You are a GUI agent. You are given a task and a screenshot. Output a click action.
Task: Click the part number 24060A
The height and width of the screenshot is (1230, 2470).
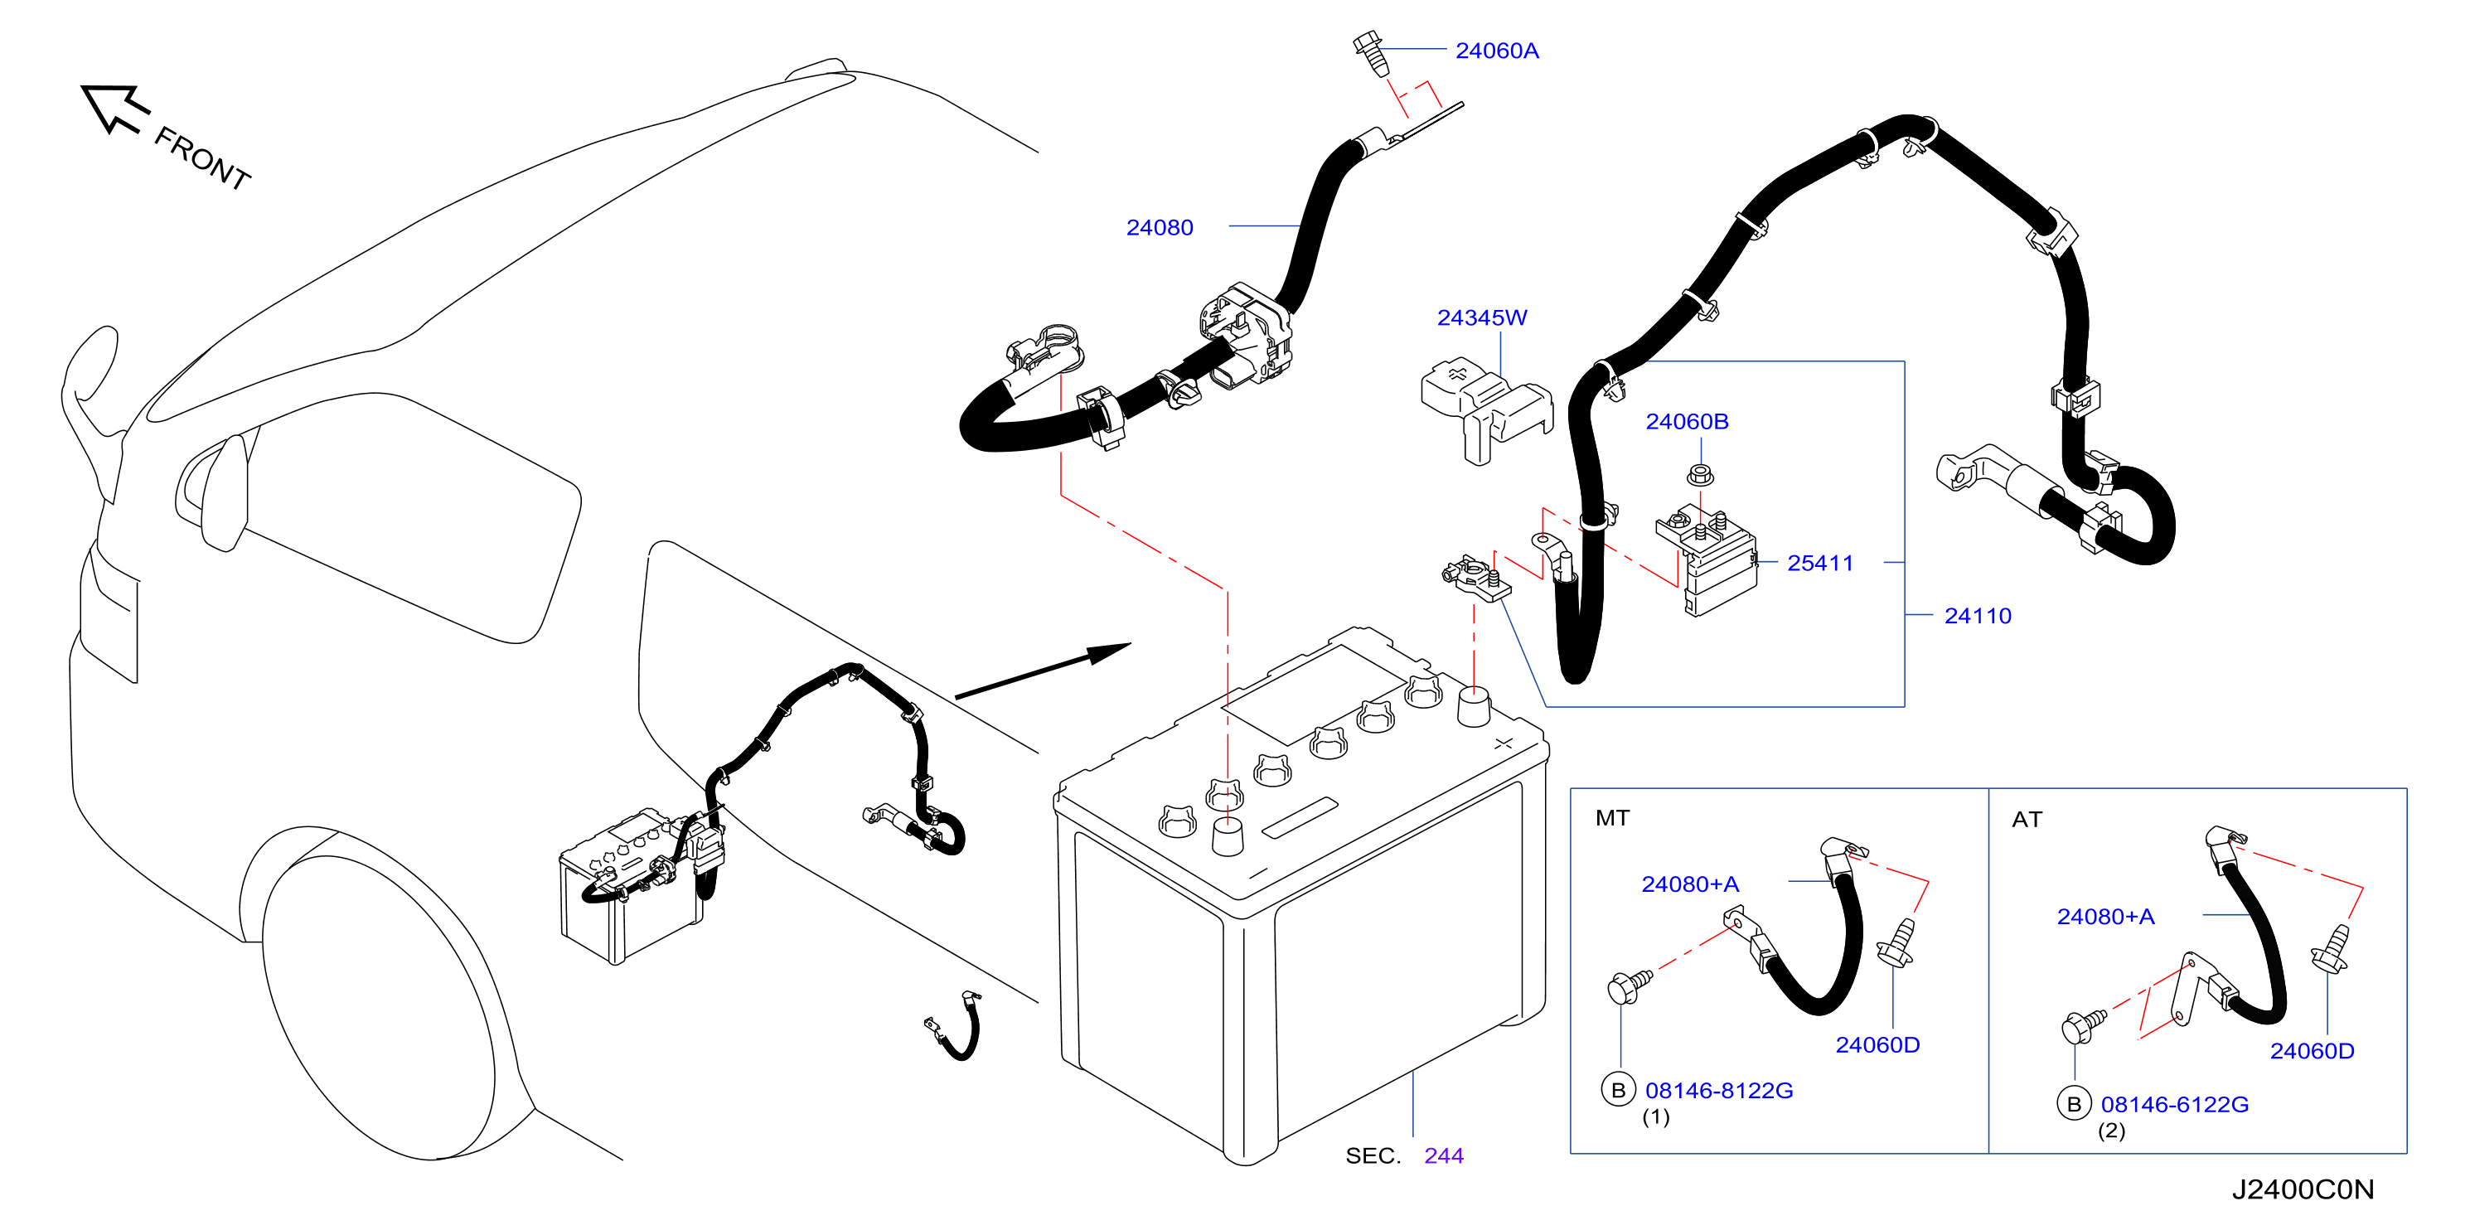(x=1496, y=51)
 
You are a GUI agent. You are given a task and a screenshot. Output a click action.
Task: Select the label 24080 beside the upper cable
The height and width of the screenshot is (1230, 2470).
(x=1160, y=227)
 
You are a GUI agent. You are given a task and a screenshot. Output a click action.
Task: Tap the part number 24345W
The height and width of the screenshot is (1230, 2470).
(x=1481, y=317)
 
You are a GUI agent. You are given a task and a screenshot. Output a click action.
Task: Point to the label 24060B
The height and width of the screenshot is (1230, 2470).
(x=1687, y=421)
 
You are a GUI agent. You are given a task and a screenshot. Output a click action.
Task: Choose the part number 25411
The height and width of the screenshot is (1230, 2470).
(x=1820, y=563)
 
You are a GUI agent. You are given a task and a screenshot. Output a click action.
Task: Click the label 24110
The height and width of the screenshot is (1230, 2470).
(x=1977, y=616)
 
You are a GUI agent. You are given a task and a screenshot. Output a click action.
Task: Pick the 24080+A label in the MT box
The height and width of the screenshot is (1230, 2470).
(x=1689, y=884)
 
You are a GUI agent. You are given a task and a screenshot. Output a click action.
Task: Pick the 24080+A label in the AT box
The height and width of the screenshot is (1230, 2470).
(x=2105, y=917)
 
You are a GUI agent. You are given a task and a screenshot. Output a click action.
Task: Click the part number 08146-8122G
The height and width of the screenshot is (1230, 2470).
(x=1718, y=1090)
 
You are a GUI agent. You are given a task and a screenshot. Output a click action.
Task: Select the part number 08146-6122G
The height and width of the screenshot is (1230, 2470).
(x=2174, y=1104)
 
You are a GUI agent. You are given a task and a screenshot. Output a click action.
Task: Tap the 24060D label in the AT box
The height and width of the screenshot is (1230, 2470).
(x=2312, y=1051)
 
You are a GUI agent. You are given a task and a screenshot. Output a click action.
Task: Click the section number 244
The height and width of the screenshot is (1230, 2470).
(x=1443, y=1155)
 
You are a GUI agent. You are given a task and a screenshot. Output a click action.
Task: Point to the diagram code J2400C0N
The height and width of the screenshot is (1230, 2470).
(x=2303, y=1189)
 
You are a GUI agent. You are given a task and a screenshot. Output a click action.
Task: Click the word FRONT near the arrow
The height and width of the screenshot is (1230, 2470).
(x=202, y=158)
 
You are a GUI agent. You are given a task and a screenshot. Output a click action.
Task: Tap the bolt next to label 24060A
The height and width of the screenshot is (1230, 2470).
(x=1370, y=54)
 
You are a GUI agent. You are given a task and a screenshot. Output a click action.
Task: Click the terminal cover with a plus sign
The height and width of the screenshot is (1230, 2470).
(x=1484, y=409)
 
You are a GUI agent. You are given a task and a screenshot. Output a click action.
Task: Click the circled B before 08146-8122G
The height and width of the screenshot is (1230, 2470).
(x=1618, y=1090)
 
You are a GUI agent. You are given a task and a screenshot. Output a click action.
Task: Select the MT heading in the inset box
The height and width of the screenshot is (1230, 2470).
(x=1612, y=818)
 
